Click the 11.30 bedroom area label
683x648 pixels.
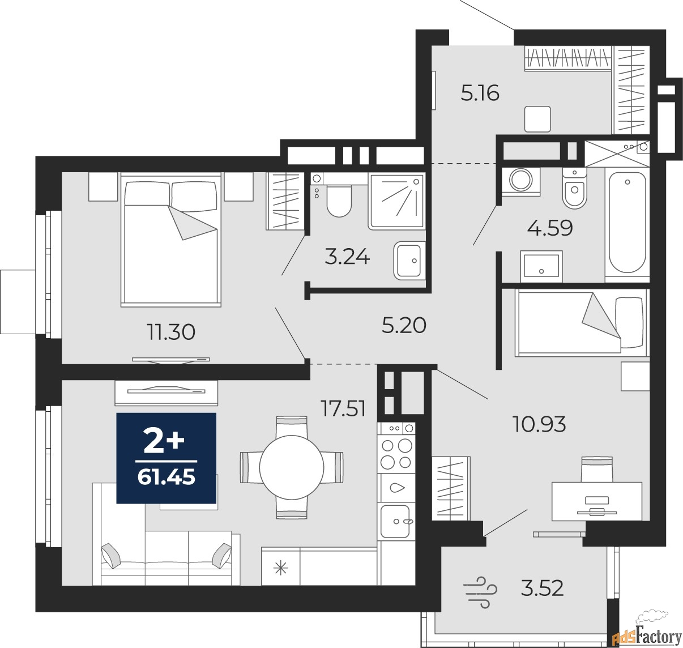point(171,332)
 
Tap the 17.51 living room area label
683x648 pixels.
point(343,408)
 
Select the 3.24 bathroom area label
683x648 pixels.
point(347,258)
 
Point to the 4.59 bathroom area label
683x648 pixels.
point(550,228)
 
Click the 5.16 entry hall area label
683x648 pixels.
point(480,93)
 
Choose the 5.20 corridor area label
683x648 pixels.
point(404,326)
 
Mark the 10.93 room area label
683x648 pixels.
point(539,424)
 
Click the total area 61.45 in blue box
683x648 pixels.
point(167,478)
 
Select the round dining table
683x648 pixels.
point(292,467)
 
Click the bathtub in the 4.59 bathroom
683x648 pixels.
point(627,223)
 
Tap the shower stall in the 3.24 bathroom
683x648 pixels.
point(397,202)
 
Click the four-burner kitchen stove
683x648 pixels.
point(396,453)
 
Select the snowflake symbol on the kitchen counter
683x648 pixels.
point(281,569)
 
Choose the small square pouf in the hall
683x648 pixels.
point(537,119)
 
